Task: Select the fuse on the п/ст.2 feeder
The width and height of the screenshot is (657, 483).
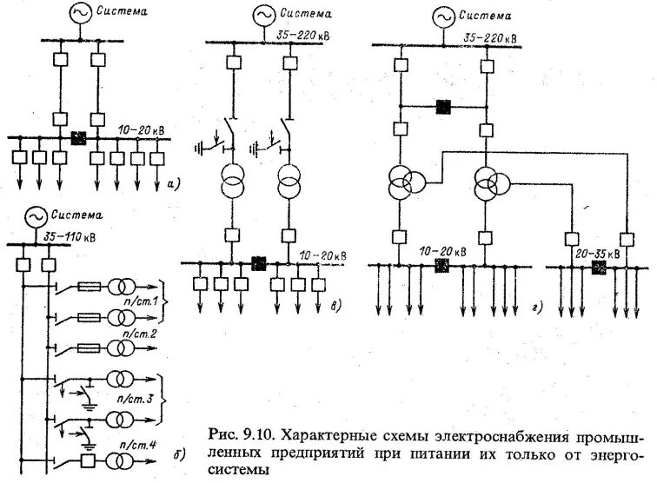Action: point(90,348)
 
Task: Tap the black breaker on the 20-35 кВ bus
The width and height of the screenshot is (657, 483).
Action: point(598,267)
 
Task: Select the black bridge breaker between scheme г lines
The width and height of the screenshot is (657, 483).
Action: point(443,107)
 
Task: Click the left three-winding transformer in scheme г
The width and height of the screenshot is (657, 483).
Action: point(406,181)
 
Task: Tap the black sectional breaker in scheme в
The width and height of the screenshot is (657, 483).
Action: point(258,261)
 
